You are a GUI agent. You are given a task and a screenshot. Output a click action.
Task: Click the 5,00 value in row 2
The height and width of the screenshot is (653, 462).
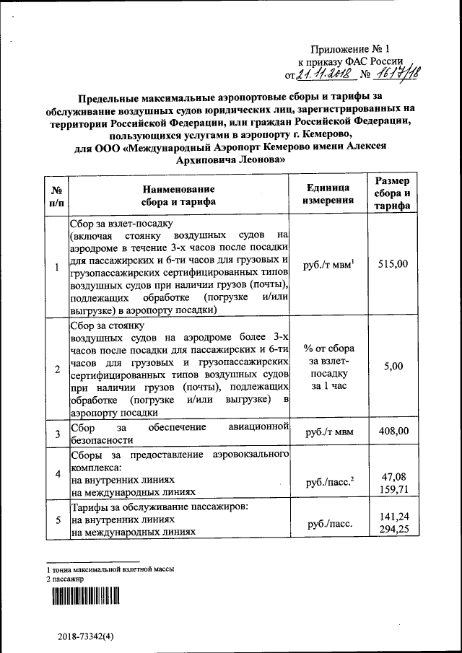point(393,367)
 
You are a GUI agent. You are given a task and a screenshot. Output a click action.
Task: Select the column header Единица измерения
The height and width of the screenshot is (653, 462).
point(328,193)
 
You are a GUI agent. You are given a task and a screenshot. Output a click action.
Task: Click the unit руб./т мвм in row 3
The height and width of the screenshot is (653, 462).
point(328,433)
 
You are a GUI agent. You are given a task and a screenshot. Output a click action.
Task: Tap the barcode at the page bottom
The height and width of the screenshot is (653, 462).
point(84,596)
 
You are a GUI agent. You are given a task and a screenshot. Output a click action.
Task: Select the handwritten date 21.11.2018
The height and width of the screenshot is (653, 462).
point(324,74)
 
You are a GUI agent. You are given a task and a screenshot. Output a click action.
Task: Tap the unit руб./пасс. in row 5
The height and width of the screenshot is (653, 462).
point(328,525)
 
